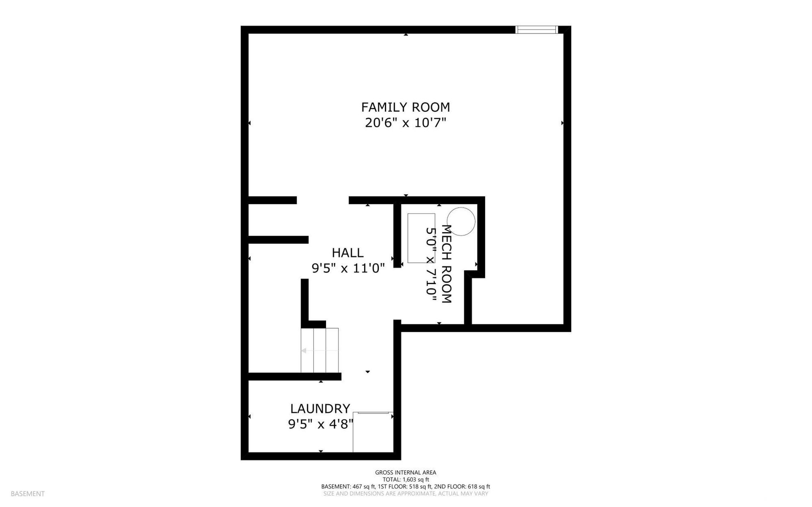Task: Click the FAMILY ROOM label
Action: click(405, 107)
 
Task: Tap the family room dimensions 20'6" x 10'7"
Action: click(406, 123)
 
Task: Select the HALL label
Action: click(348, 253)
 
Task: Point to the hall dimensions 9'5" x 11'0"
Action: click(348, 268)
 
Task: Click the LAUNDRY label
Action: click(320, 408)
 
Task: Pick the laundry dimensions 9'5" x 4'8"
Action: click(321, 424)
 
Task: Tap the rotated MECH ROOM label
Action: click(447, 264)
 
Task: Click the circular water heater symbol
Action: click(461, 221)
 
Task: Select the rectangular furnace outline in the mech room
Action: click(421, 238)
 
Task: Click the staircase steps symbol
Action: click(320, 350)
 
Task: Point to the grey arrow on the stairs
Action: click(319, 351)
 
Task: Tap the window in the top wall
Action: click(537, 30)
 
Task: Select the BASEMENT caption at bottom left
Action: click(27, 493)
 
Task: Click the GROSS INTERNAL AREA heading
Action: click(406, 473)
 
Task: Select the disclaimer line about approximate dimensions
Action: click(406, 493)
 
